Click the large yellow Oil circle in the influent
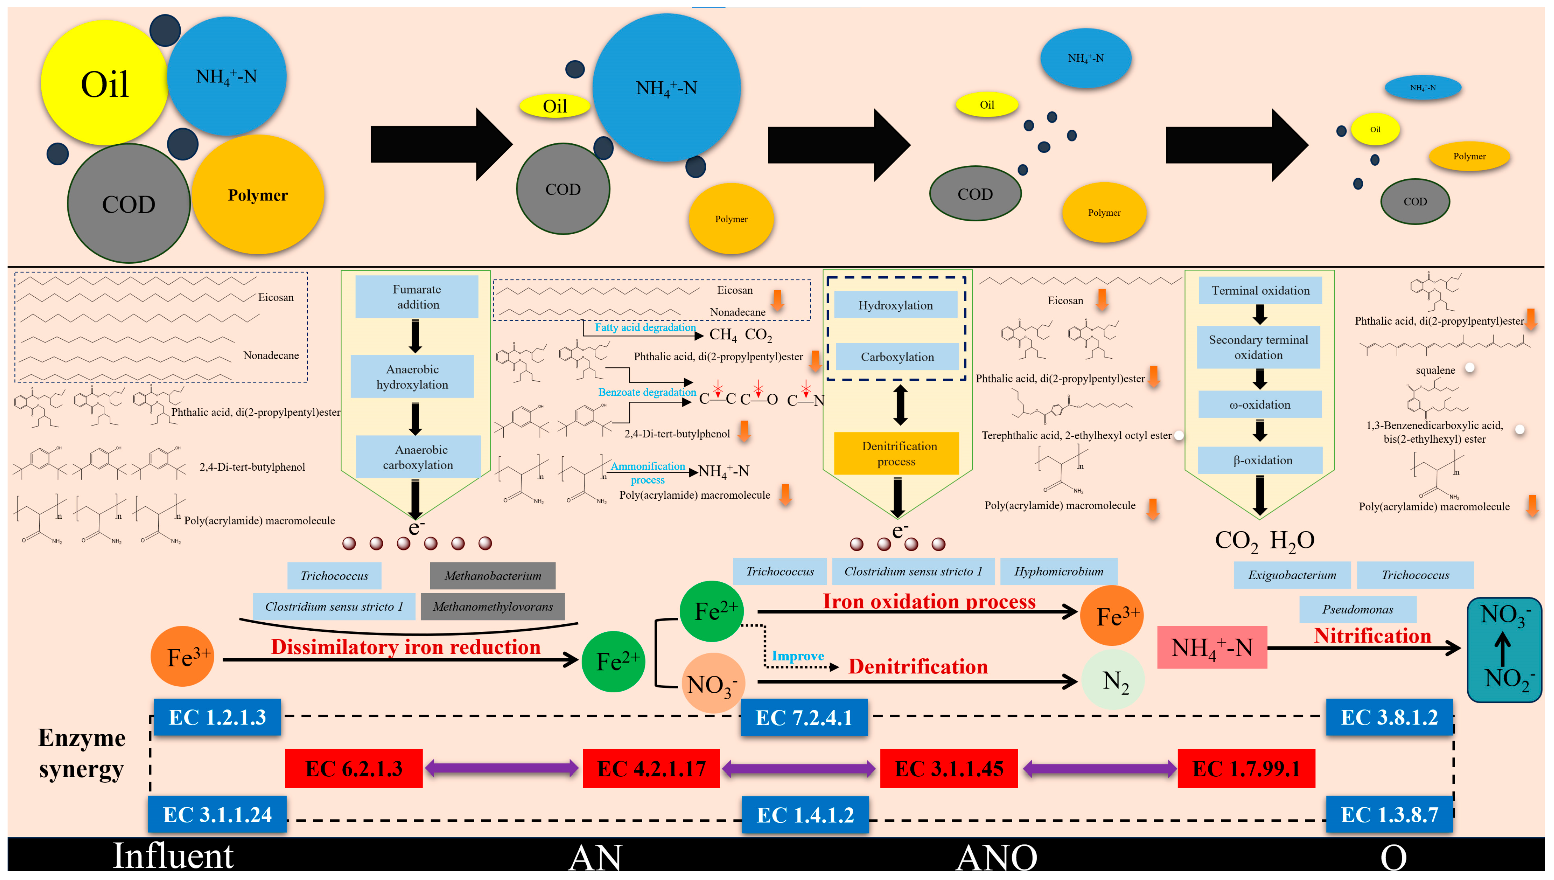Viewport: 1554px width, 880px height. click(x=104, y=83)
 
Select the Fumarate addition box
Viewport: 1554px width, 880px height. click(x=417, y=297)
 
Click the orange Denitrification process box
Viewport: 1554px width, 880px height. click(x=897, y=453)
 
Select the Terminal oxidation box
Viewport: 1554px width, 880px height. click(x=1260, y=291)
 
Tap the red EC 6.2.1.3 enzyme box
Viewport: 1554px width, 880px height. click(x=354, y=768)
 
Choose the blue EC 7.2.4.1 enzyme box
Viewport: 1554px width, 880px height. click(x=804, y=717)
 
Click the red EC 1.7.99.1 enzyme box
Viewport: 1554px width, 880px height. click(x=1246, y=768)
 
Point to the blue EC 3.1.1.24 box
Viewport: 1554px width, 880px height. click(x=217, y=814)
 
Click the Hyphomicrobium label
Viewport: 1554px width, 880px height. click(x=1059, y=571)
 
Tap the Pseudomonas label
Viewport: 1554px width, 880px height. click(x=1357, y=609)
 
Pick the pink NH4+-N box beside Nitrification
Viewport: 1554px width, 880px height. click(x=1212, y=647)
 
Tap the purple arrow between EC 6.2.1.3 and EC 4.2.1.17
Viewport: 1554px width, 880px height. click(x=502, y=768)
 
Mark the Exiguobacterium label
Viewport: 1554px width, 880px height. click(x=1292, y=575)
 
